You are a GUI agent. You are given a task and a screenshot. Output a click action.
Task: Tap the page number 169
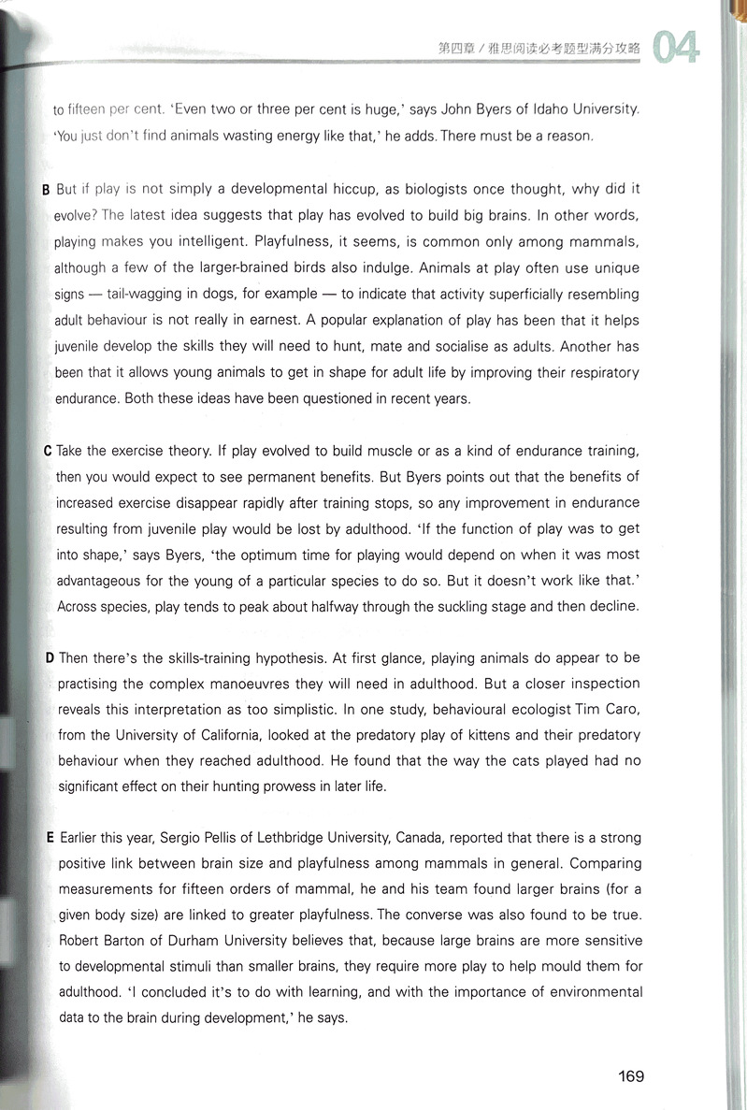click(x=631, y=1075)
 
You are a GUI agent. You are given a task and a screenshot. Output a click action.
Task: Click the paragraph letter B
click(x=46, y=190)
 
